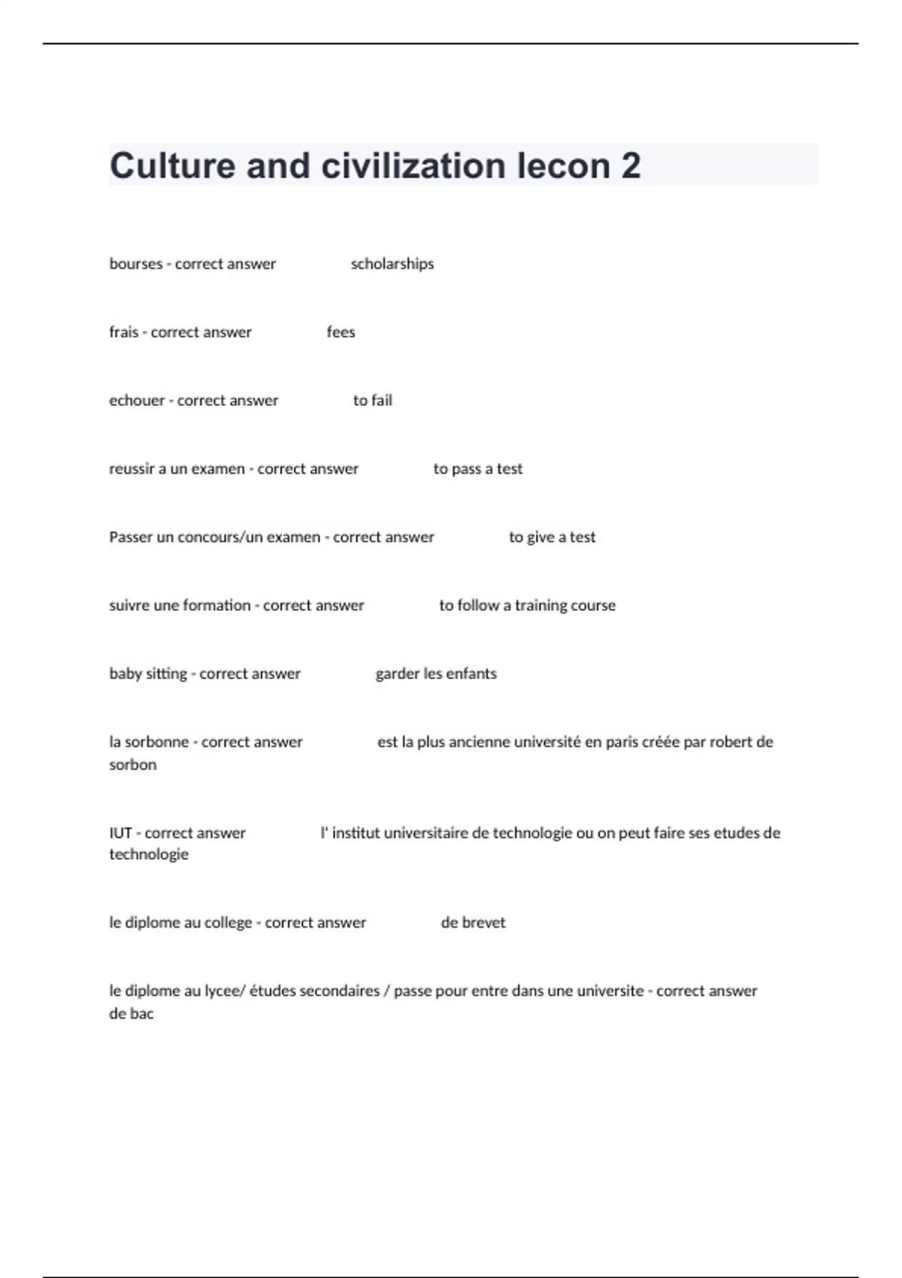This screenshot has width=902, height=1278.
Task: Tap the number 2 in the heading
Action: pyautogui.click(x=631, y=166)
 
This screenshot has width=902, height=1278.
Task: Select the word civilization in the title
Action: pyautogui.click(x=413, y=166)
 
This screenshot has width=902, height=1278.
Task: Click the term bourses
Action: pyautogui.click(x=135, y=264)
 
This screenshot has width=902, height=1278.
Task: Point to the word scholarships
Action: pyautogui.click(x=392, y=264)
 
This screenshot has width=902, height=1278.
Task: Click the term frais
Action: pyautogui.click(x=123, y=332)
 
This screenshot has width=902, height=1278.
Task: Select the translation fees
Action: pyautogui.click(x=341, y=332)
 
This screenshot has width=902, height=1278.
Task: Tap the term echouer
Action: pyautogui.click(x=137, y=401)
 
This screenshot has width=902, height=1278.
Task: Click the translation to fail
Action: pyautogui.click(x=372, y=401)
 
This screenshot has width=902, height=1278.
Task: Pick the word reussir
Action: pyautogui.click(x=132, y=469)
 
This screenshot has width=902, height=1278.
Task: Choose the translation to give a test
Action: pyautogui.click(x=552, y=538)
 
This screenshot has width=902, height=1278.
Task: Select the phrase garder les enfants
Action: pyautogui.click(x=436, y=674)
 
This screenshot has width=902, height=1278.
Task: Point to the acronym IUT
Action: pyautogui.click(x=120, y=833)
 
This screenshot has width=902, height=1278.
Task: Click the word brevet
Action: pyautogui.click(x=484, y=923)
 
